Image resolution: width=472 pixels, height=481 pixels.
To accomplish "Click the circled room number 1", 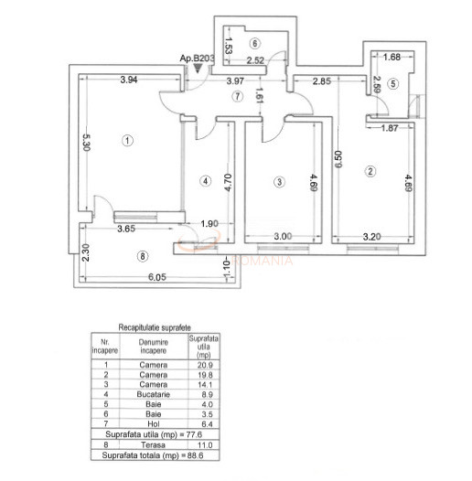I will click(129, 140).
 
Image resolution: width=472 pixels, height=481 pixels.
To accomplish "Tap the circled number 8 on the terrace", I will click(140, 256).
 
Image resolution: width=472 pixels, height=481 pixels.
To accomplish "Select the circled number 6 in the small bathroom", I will click(255, 43).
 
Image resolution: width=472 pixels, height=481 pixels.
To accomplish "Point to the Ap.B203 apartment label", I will click(197, 59).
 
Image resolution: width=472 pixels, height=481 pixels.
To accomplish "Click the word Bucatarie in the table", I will click(153, 396).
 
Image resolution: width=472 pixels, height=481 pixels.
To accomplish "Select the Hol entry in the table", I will click(153, 422).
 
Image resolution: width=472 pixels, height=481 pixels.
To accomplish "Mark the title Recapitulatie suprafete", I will click(156, 326).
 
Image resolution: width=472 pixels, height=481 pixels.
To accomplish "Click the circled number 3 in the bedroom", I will click(278, 182).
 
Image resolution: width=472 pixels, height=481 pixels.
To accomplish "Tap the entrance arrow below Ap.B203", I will click(188, 69).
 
